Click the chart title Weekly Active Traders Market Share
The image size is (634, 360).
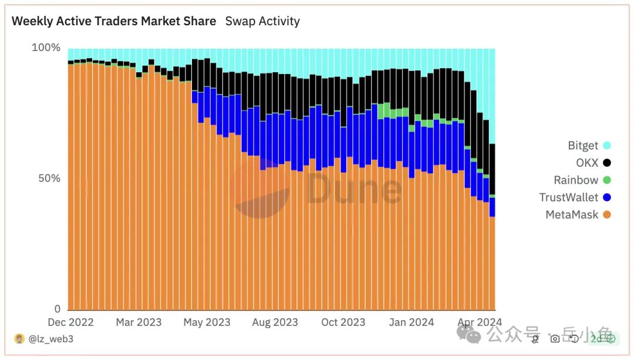click(x=114, y=21)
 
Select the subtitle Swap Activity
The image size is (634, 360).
click(x=262, y=21)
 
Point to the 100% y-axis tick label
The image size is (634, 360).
click(x=46, y=48)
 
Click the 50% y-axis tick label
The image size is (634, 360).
click(x=49, y=179)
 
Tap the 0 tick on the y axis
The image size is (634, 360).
click(x=57, y=309)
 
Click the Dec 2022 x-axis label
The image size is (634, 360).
click(x=71, y=322)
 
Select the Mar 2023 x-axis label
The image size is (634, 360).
click(x=139, y=322)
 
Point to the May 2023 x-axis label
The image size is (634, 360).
click(x=207, y=322)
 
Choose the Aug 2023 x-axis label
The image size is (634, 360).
click(x=275, y=322)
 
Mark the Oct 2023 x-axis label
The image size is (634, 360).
click(x=343, y=322)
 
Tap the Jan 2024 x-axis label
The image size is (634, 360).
click(x=412, y=322)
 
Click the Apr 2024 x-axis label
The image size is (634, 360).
click(x=480, y=322)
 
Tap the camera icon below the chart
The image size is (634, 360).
click(x=555, y=339)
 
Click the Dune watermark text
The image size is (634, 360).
click(x=354, y=188)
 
